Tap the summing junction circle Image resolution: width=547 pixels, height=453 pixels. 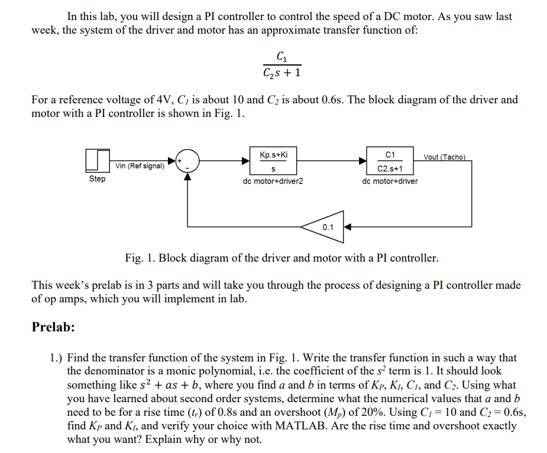(187, 161)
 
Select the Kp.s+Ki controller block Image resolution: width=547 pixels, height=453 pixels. (273, 161)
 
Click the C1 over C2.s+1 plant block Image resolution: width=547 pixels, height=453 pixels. (390, 161)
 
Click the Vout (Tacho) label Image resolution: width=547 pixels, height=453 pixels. (445, 157)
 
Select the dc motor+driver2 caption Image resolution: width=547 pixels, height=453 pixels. (273, 181)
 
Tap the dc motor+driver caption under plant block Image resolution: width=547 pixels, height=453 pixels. (390, 181)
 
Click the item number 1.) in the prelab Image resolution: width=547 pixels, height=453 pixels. (57, 357)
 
